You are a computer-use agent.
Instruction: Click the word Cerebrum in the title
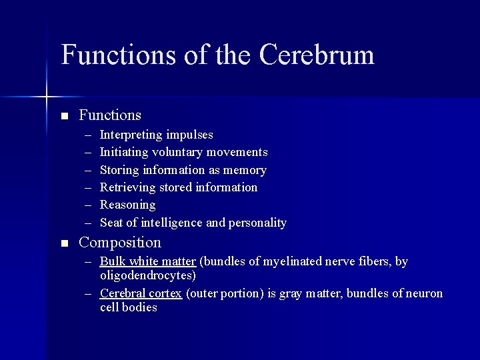click(x=317, y=55)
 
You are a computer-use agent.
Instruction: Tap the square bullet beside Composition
click(x=64, y=243)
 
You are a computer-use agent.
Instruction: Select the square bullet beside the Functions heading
click(x=64, y=116)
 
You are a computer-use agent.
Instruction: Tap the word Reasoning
click(x=127, y=205)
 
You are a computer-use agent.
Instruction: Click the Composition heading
click(x=120, y=243)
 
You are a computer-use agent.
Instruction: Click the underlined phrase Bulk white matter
click(x=147, y=261)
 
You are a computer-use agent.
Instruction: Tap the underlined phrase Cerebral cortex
click(x=141, y=293)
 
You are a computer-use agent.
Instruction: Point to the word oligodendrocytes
click(x=147, y=275)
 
